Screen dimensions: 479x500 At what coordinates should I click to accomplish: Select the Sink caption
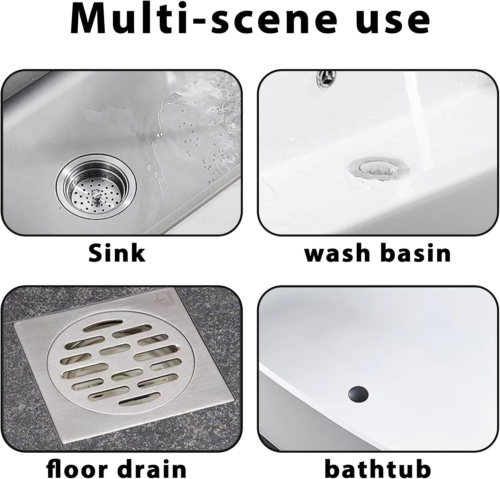[117, 253]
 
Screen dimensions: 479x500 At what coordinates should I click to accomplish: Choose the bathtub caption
[378, 469]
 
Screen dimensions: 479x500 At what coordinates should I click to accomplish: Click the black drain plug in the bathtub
[358, 394]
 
